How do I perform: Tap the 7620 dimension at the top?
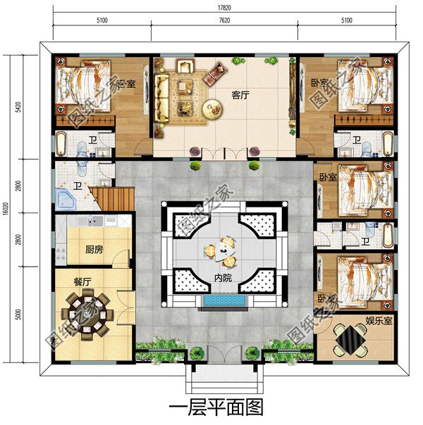point(224,21)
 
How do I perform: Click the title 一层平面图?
point(217,407)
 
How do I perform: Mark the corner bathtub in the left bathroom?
point(68,198)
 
